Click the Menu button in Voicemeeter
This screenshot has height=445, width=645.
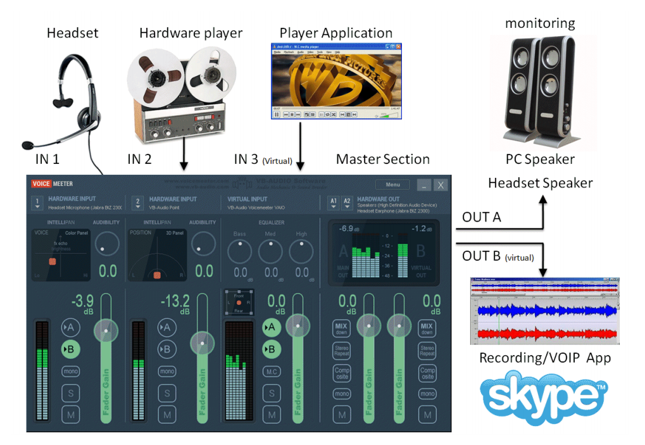coord(392,185)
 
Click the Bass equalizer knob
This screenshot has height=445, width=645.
coord(240,252)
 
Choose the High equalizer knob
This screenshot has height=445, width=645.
coord(301,252)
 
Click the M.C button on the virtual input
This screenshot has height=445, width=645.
coord(272,372)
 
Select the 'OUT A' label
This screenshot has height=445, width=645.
coord(481,218)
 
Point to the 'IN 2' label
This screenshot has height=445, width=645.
coord(139,160)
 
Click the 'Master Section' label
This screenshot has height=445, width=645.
coord(382,160)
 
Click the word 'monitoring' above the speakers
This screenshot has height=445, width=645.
coord(540,24)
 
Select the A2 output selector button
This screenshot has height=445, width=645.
coord(347,203)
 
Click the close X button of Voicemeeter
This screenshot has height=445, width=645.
coord(440,185)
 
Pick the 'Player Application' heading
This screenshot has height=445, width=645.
coord(335,33)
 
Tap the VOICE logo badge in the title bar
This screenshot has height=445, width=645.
coord(41,184)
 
